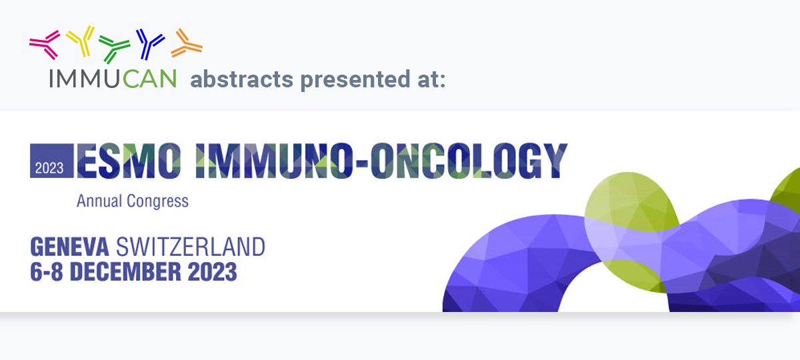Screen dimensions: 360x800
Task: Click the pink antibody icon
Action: click(45, 44)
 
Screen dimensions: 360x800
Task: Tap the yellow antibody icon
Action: click(81, 41)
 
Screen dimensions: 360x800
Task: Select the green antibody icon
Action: click(115, 47)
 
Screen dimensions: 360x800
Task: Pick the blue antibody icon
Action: click(150, 43)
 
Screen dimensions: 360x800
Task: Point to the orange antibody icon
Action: click(186, 44)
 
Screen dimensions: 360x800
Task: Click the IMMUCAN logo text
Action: click(113, 79)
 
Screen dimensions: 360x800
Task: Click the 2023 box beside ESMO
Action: click(51, 161)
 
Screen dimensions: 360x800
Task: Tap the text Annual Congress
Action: click(133, 200)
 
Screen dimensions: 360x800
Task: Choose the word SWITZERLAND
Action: click(190, 247)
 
